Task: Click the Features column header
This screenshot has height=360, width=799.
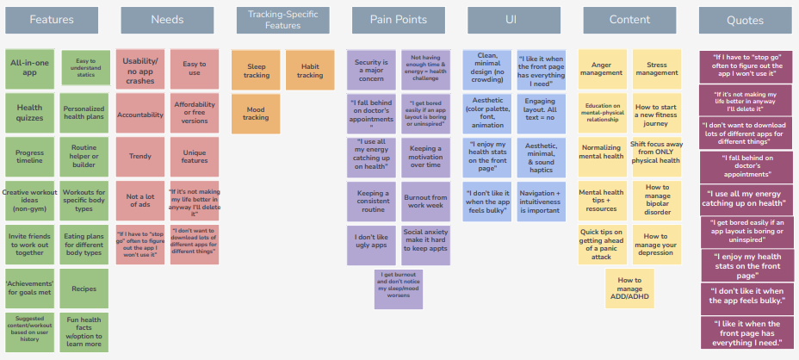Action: point(52,19)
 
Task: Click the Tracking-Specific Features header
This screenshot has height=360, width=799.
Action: point(283,20)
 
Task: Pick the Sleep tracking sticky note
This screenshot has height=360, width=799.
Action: point(256,70)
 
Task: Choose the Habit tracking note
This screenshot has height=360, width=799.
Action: point(310,70)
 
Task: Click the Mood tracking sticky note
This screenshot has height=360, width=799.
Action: point(256,112)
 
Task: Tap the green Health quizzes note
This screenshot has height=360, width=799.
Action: point(29,114)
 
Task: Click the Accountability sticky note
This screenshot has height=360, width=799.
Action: point(139,114)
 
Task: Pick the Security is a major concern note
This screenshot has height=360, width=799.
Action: point(371,70)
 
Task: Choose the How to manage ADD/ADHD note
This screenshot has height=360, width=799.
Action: point(629,287)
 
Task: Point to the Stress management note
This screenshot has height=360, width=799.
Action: point(657,68)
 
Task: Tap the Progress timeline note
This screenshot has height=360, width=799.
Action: point(29,158)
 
